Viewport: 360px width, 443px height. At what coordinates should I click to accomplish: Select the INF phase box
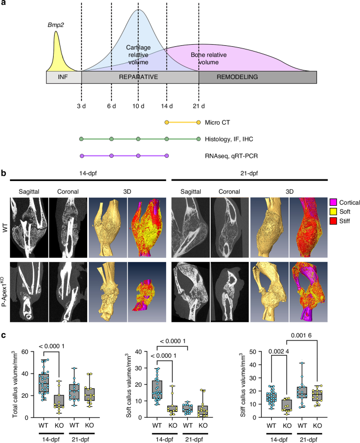point(64,77)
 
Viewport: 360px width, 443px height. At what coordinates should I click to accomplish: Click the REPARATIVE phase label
point(140,77)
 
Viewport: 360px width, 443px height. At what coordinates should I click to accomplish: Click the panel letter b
point(5,173)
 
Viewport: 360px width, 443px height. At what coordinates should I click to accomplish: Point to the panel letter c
point(4,334)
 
